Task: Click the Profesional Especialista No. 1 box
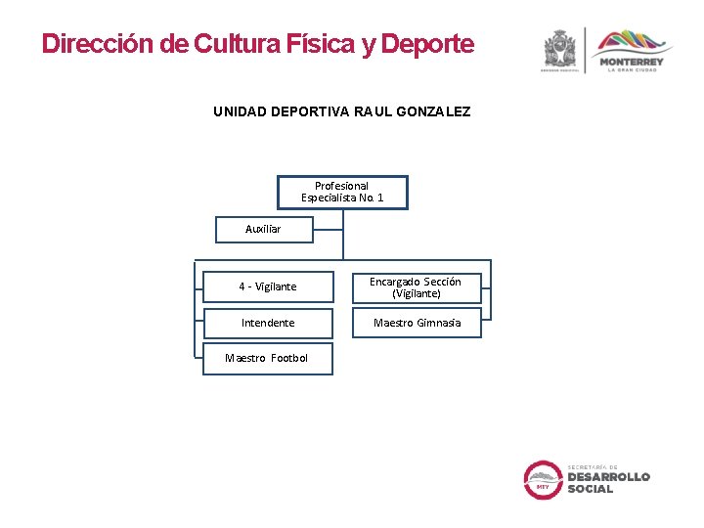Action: [342, 192]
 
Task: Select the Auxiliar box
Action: [263, 229]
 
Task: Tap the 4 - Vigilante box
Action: [267, 286]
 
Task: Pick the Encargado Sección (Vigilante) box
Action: [416, 286]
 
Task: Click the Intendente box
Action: [267, 323]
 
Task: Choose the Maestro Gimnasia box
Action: [417, 323]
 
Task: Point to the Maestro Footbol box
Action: [267, 358]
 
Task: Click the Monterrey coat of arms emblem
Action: [560, 48]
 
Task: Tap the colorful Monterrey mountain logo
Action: [633, 42]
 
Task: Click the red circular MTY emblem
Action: [543, 480]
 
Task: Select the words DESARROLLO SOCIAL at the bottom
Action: [608, 482]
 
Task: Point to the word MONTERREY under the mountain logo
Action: [633, 62]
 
